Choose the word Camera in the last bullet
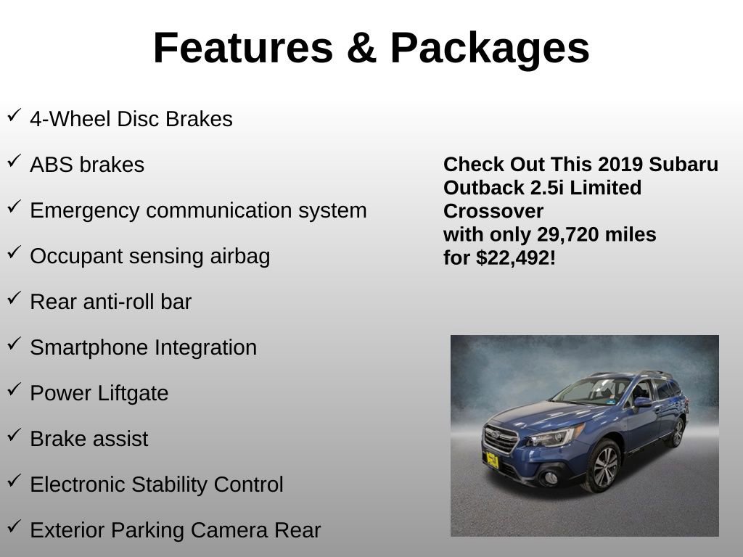(229, 530)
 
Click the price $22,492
(514, 257)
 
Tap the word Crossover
(493, 211)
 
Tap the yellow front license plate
(492, 459)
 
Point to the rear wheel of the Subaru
(678, 433)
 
